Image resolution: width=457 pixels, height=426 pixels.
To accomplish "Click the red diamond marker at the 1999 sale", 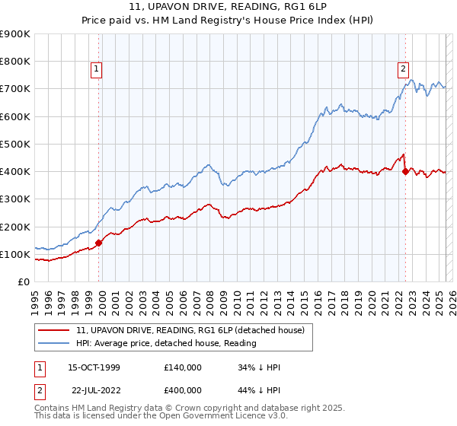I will [99, 243].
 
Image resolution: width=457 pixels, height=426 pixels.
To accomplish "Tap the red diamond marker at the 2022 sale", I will [405, 171].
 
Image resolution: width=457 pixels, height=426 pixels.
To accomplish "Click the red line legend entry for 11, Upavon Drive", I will [190, 330].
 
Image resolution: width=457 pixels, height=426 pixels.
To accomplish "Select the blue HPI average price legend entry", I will [166, 343].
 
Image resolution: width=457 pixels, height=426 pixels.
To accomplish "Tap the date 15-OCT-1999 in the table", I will [94, 367].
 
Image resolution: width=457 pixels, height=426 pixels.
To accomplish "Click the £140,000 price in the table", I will [182, 367].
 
